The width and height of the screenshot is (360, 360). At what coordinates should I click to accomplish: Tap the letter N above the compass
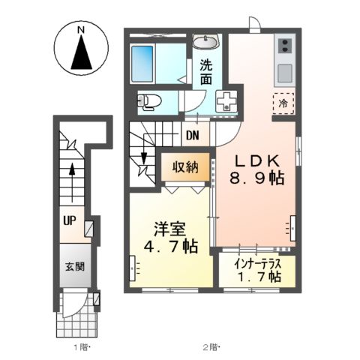pos(80,29)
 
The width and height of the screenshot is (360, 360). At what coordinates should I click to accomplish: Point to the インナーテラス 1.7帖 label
pos(256,271)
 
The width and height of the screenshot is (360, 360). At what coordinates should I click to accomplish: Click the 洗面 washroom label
pos(205,72)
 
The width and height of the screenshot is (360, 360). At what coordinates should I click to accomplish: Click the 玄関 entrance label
pos(73,267)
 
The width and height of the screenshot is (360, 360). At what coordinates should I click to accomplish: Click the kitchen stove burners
pos(284,48)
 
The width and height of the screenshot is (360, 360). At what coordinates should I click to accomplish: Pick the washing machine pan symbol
pos(225,101)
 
